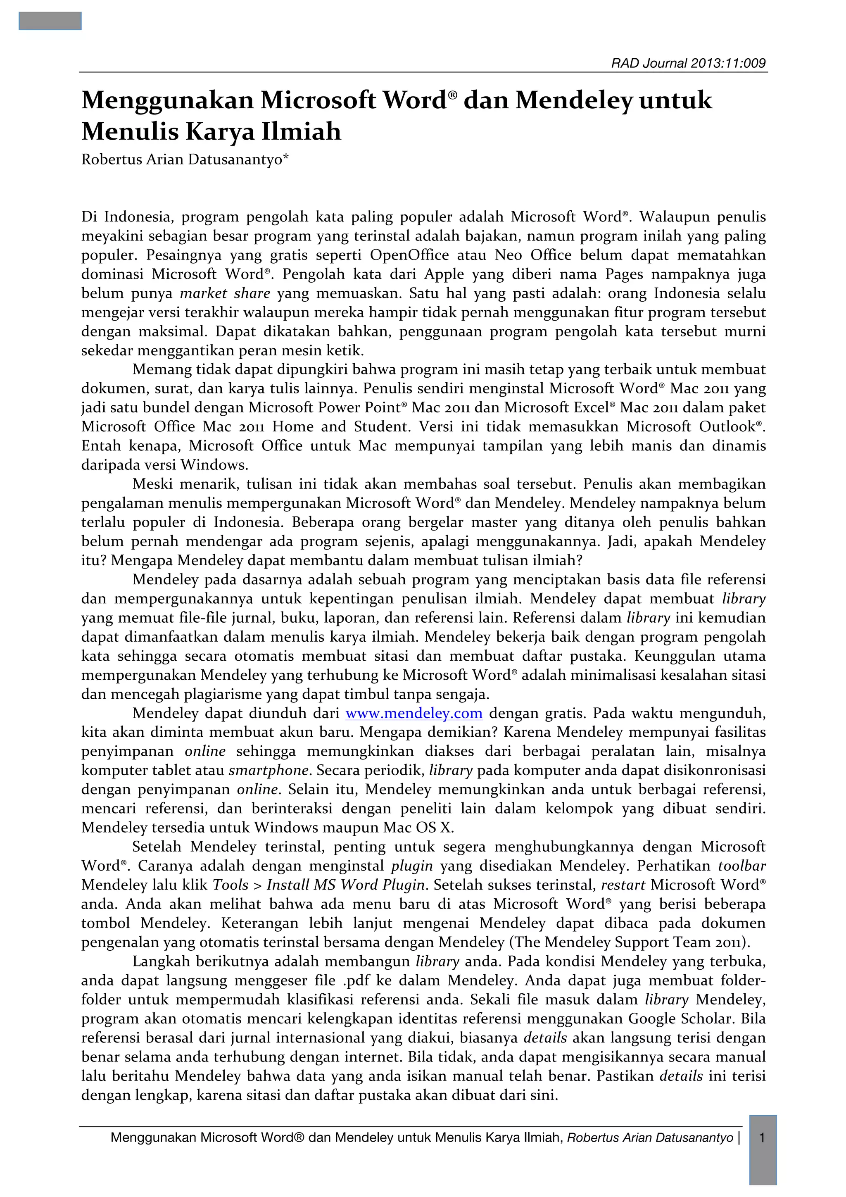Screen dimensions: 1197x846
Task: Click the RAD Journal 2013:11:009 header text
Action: point(688,64)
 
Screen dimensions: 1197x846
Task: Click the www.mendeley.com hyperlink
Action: point(414,713)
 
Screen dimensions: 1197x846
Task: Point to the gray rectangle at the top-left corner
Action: point(50,21)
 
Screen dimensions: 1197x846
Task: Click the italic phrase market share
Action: point(225,293)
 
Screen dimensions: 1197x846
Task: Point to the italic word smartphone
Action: point(269,770)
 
